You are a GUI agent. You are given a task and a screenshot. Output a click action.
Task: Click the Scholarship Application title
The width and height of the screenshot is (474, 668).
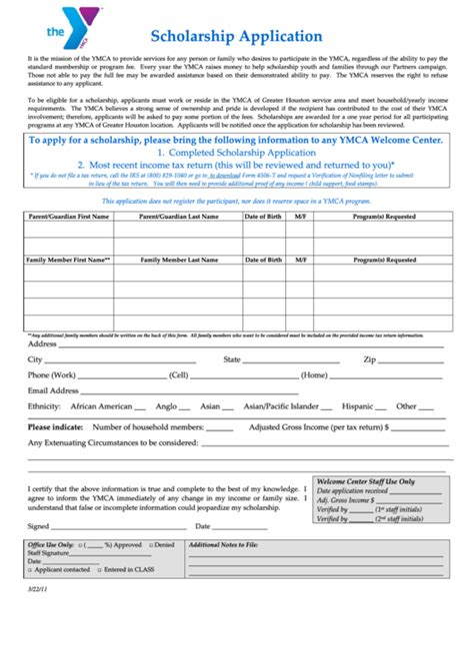[236, 36]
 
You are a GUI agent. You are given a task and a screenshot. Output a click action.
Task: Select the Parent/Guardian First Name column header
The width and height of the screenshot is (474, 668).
[62, 215]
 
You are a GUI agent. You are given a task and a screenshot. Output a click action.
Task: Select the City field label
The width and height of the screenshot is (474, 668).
[35, 358]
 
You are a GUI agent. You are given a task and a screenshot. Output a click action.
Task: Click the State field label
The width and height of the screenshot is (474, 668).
[232, 358]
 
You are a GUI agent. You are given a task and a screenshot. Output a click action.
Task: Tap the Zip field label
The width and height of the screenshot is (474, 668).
[369, 358]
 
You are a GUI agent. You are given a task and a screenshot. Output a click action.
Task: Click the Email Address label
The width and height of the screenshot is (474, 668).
[53, 390]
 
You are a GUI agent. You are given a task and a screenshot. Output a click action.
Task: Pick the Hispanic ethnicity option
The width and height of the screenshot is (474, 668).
[358, 406]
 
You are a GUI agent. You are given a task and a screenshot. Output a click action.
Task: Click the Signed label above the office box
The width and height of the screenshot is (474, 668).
[38, 525]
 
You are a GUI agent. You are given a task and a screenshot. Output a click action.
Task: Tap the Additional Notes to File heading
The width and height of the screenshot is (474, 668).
[223, 544]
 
